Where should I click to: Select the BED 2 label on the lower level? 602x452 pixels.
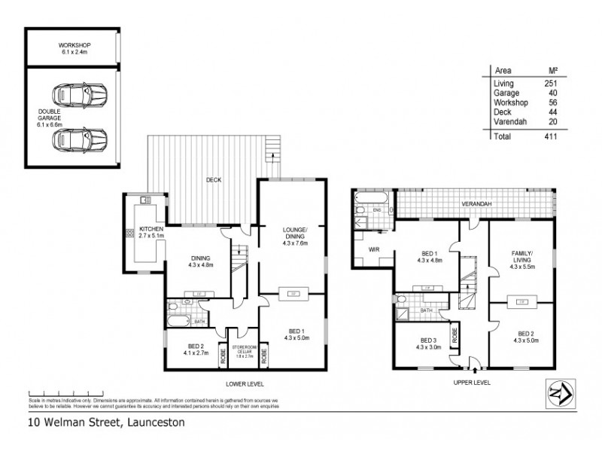pyautogui.click(x=193, y=348)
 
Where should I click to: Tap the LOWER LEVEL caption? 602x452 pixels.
pyautogui.click(x=291, y=383)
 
